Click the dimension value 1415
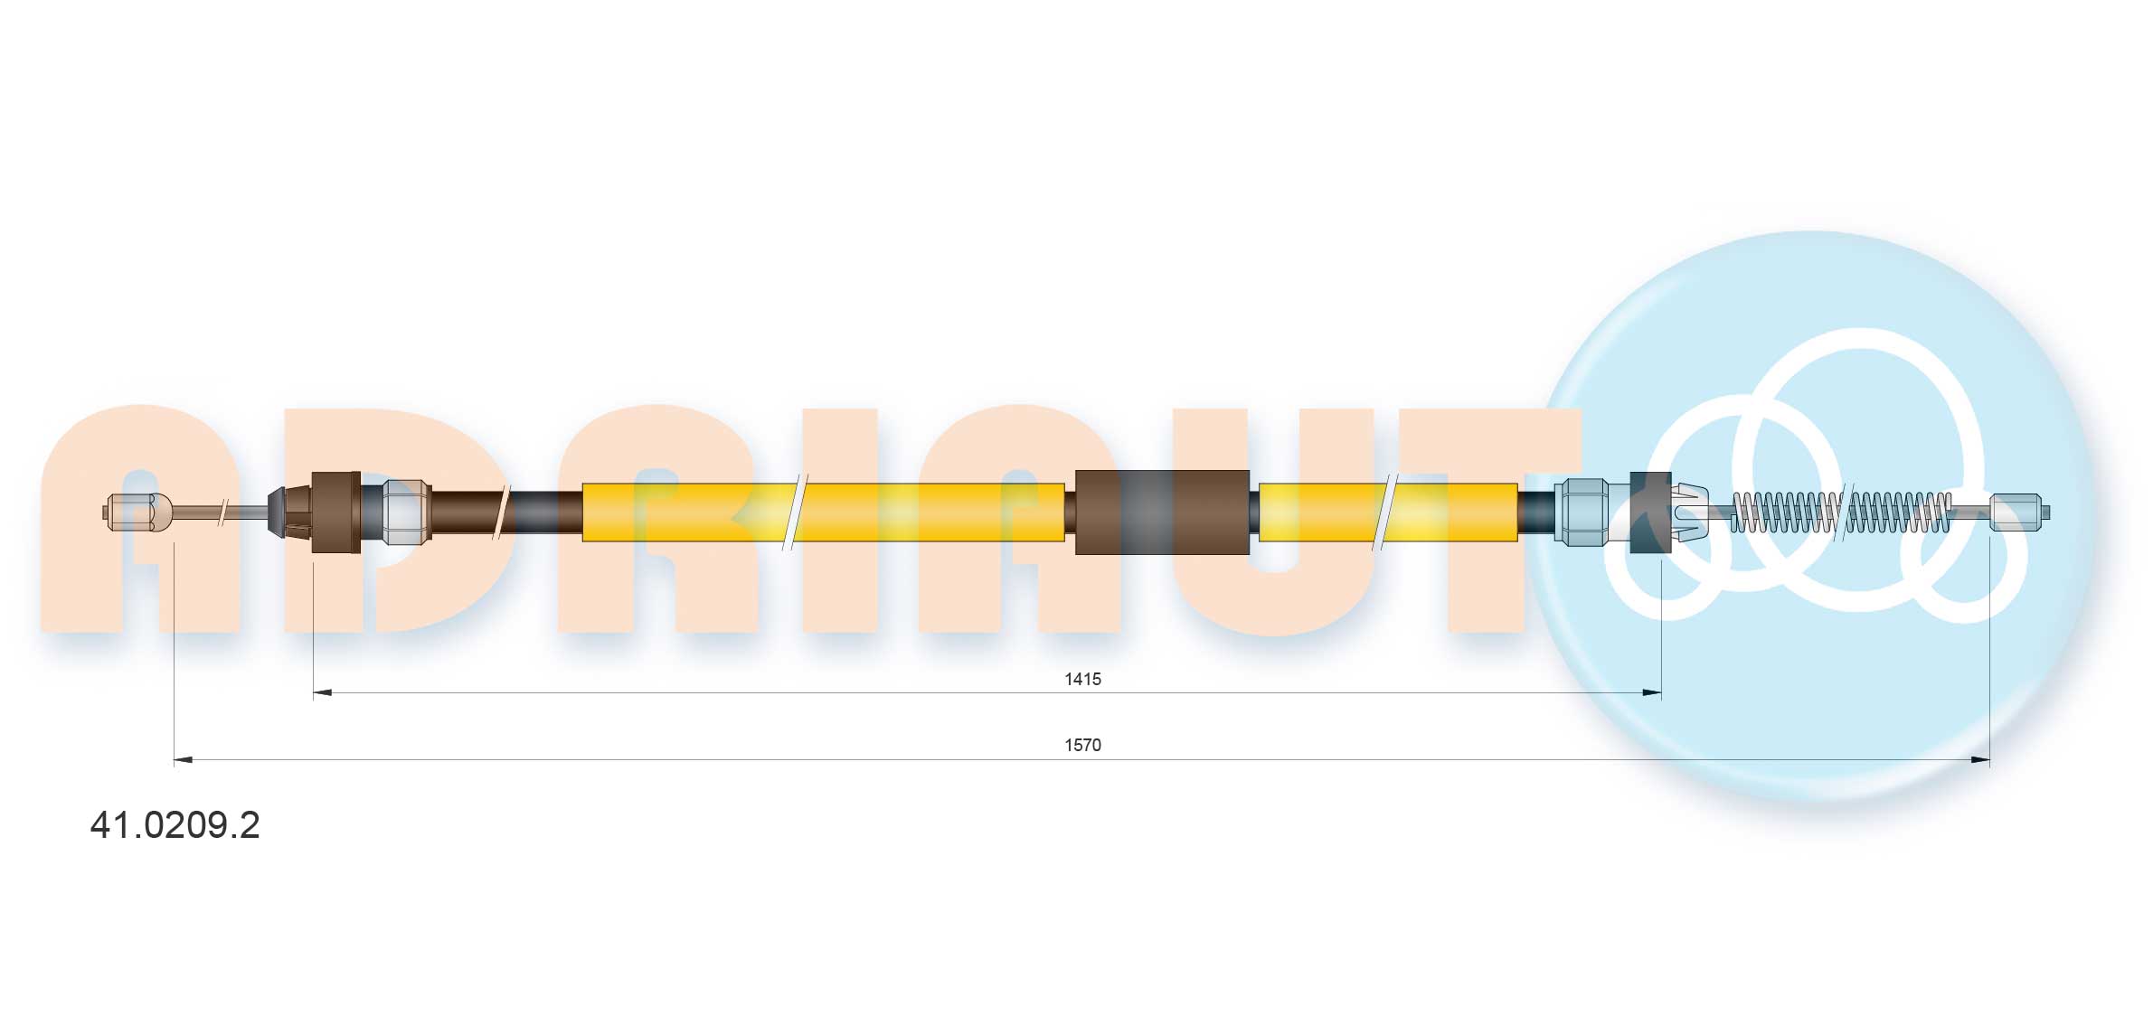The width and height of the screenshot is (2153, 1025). pyautogui.click(x=1082, y=679)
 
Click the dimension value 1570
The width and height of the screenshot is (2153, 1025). pyautogui.click(x=1082, y=745)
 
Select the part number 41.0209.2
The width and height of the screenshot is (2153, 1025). pyautogui.click(x=175, y=824)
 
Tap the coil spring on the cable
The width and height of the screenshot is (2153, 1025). pyautogui.click(x=1840, y=512)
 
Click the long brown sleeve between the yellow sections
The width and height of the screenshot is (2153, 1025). pyautogui.click(x=1162, y=512)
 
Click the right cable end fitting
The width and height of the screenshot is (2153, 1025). pyautogui.click(x=2019, y=512)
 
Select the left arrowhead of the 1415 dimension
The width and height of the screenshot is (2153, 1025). pyautogui.click(x=322, y=693)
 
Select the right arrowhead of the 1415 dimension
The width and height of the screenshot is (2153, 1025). pyautogui.click(x=1651, y=693)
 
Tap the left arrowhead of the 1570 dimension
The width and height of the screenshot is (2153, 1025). pyautogui.click(x=184, y=760)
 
